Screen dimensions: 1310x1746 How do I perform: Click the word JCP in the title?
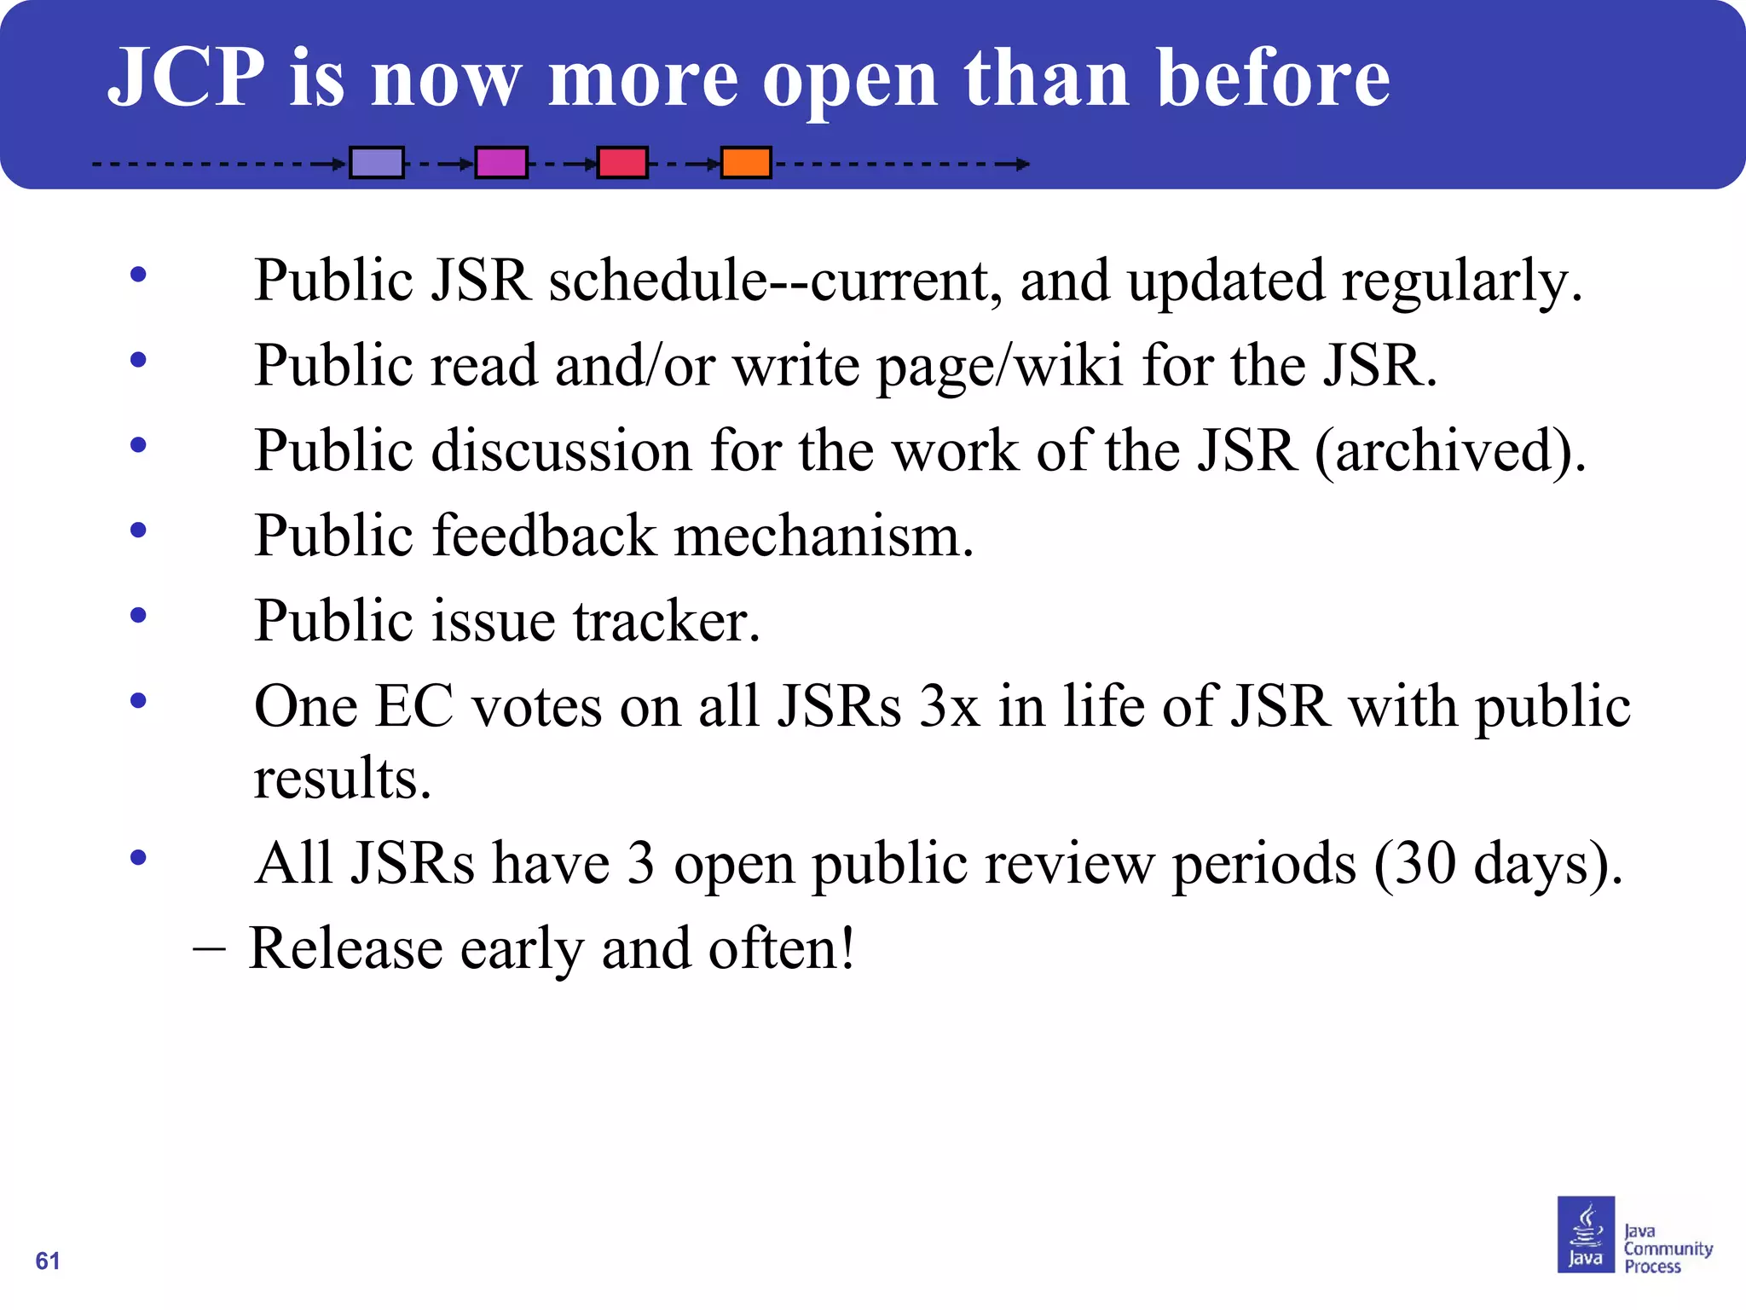187,78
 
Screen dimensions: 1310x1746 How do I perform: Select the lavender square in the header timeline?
376,162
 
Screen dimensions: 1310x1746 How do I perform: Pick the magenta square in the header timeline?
500,162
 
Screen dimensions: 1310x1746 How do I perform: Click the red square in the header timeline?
622,162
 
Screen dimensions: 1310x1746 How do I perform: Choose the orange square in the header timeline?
746,162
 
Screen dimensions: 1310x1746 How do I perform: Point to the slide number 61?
48,1261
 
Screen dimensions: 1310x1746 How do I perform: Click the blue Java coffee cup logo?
1586,1234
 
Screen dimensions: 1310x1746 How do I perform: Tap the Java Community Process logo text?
1667,1249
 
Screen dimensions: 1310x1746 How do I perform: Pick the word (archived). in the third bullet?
1450,451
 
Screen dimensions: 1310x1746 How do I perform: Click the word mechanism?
824,536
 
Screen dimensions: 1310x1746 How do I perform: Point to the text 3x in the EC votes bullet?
949,707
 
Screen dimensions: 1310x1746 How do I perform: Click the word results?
342,779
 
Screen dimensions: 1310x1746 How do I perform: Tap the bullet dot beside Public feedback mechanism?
138,530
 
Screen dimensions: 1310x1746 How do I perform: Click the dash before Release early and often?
209,948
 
